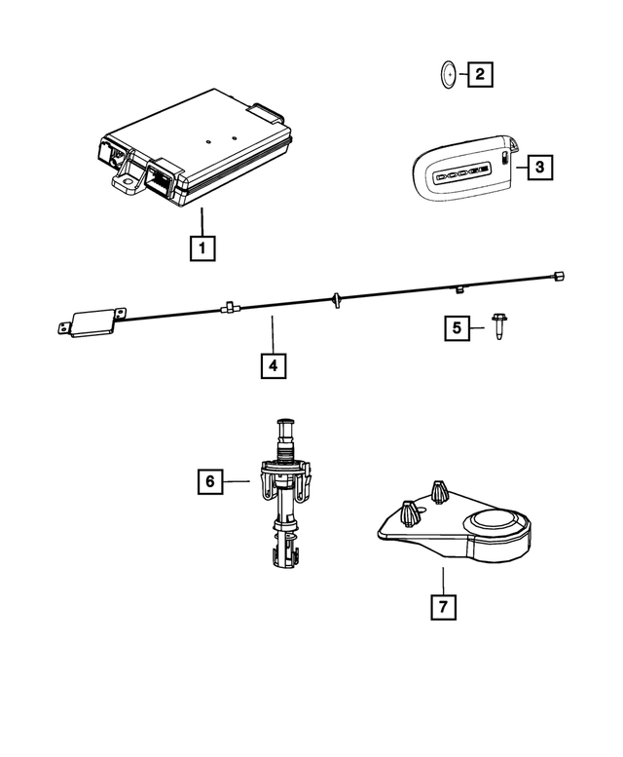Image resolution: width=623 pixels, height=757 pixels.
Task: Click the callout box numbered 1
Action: [202, 249]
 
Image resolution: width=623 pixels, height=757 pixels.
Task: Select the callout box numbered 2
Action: [478, 73]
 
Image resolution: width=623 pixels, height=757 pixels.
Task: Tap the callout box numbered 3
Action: [541, 168]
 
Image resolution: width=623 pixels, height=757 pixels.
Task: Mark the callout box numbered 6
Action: [208, 480]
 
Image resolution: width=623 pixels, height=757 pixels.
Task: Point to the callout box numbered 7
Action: [443, 606]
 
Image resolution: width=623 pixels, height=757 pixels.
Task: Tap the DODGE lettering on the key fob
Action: [462, 172]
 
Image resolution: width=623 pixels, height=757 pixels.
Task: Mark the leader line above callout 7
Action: [443, 579]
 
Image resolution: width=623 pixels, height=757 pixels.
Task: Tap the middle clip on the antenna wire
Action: [334, 296]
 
